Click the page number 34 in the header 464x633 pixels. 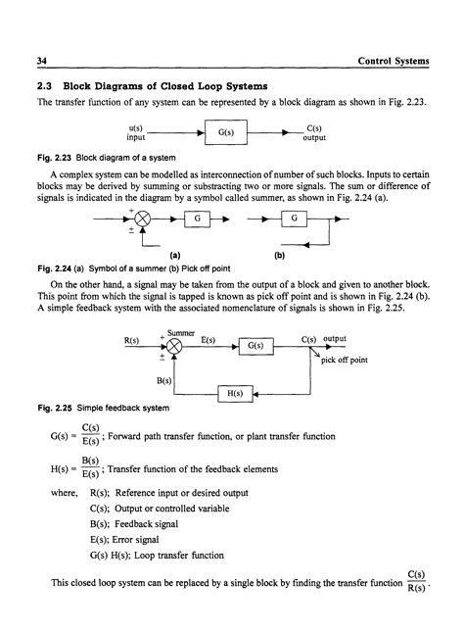[42, 62]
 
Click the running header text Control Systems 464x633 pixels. [394, 62]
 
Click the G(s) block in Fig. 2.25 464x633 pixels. [254, 345]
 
